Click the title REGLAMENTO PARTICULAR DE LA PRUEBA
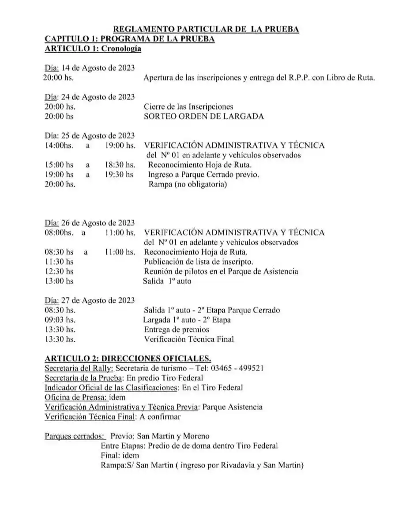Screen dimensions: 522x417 tap(206, 29)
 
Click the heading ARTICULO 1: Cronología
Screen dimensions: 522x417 tap(93, 49)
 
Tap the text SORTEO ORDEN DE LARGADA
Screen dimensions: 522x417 tap(204, 117)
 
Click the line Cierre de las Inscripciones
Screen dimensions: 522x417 tap(188, 107)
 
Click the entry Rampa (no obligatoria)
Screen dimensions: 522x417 tap(188, 184)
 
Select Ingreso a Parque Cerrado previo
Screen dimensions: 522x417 tap(203, 175)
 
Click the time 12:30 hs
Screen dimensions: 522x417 tap(59, 271)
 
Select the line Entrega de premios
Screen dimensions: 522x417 tap(177, 330)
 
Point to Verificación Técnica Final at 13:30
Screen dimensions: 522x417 tap(189, 339)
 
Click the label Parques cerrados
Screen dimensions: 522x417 tap(75, 436)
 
